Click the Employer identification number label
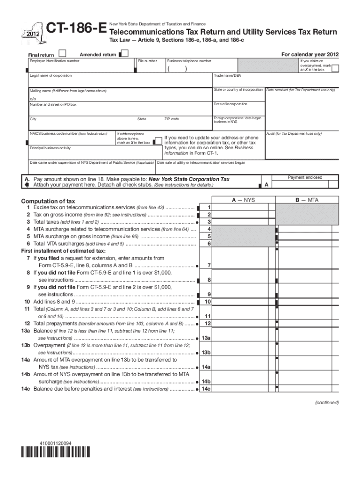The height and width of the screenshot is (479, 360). (55, 61)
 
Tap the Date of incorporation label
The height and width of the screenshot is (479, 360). (230, 104)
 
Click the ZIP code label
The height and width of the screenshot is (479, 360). (172, 119)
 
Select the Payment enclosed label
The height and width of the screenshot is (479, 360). (305, 177)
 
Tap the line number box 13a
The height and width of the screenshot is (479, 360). (206, 338)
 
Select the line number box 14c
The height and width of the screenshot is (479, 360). (206, 389)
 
